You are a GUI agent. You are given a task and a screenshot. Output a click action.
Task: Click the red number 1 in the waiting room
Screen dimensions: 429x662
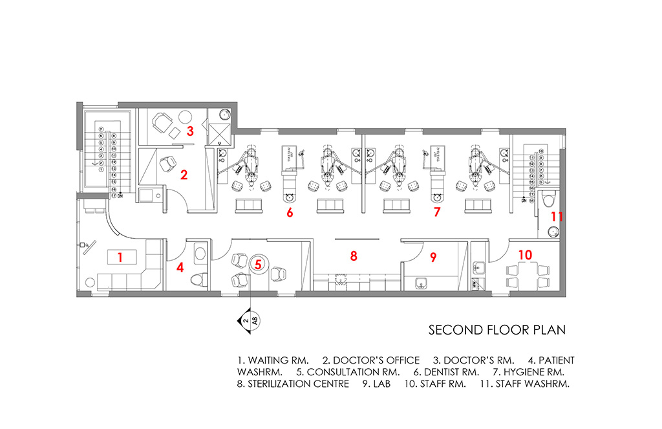120,258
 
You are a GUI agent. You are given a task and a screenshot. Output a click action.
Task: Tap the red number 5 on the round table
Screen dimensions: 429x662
258,264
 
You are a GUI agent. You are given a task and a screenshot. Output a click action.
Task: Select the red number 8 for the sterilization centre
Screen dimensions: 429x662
354,256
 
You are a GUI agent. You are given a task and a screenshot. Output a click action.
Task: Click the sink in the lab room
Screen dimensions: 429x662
421,282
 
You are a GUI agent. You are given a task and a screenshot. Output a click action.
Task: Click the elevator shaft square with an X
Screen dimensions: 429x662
220,135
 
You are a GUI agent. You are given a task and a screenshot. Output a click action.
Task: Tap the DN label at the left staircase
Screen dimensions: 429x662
120,195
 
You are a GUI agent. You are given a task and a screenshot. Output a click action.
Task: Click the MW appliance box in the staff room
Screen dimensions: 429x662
475,283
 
